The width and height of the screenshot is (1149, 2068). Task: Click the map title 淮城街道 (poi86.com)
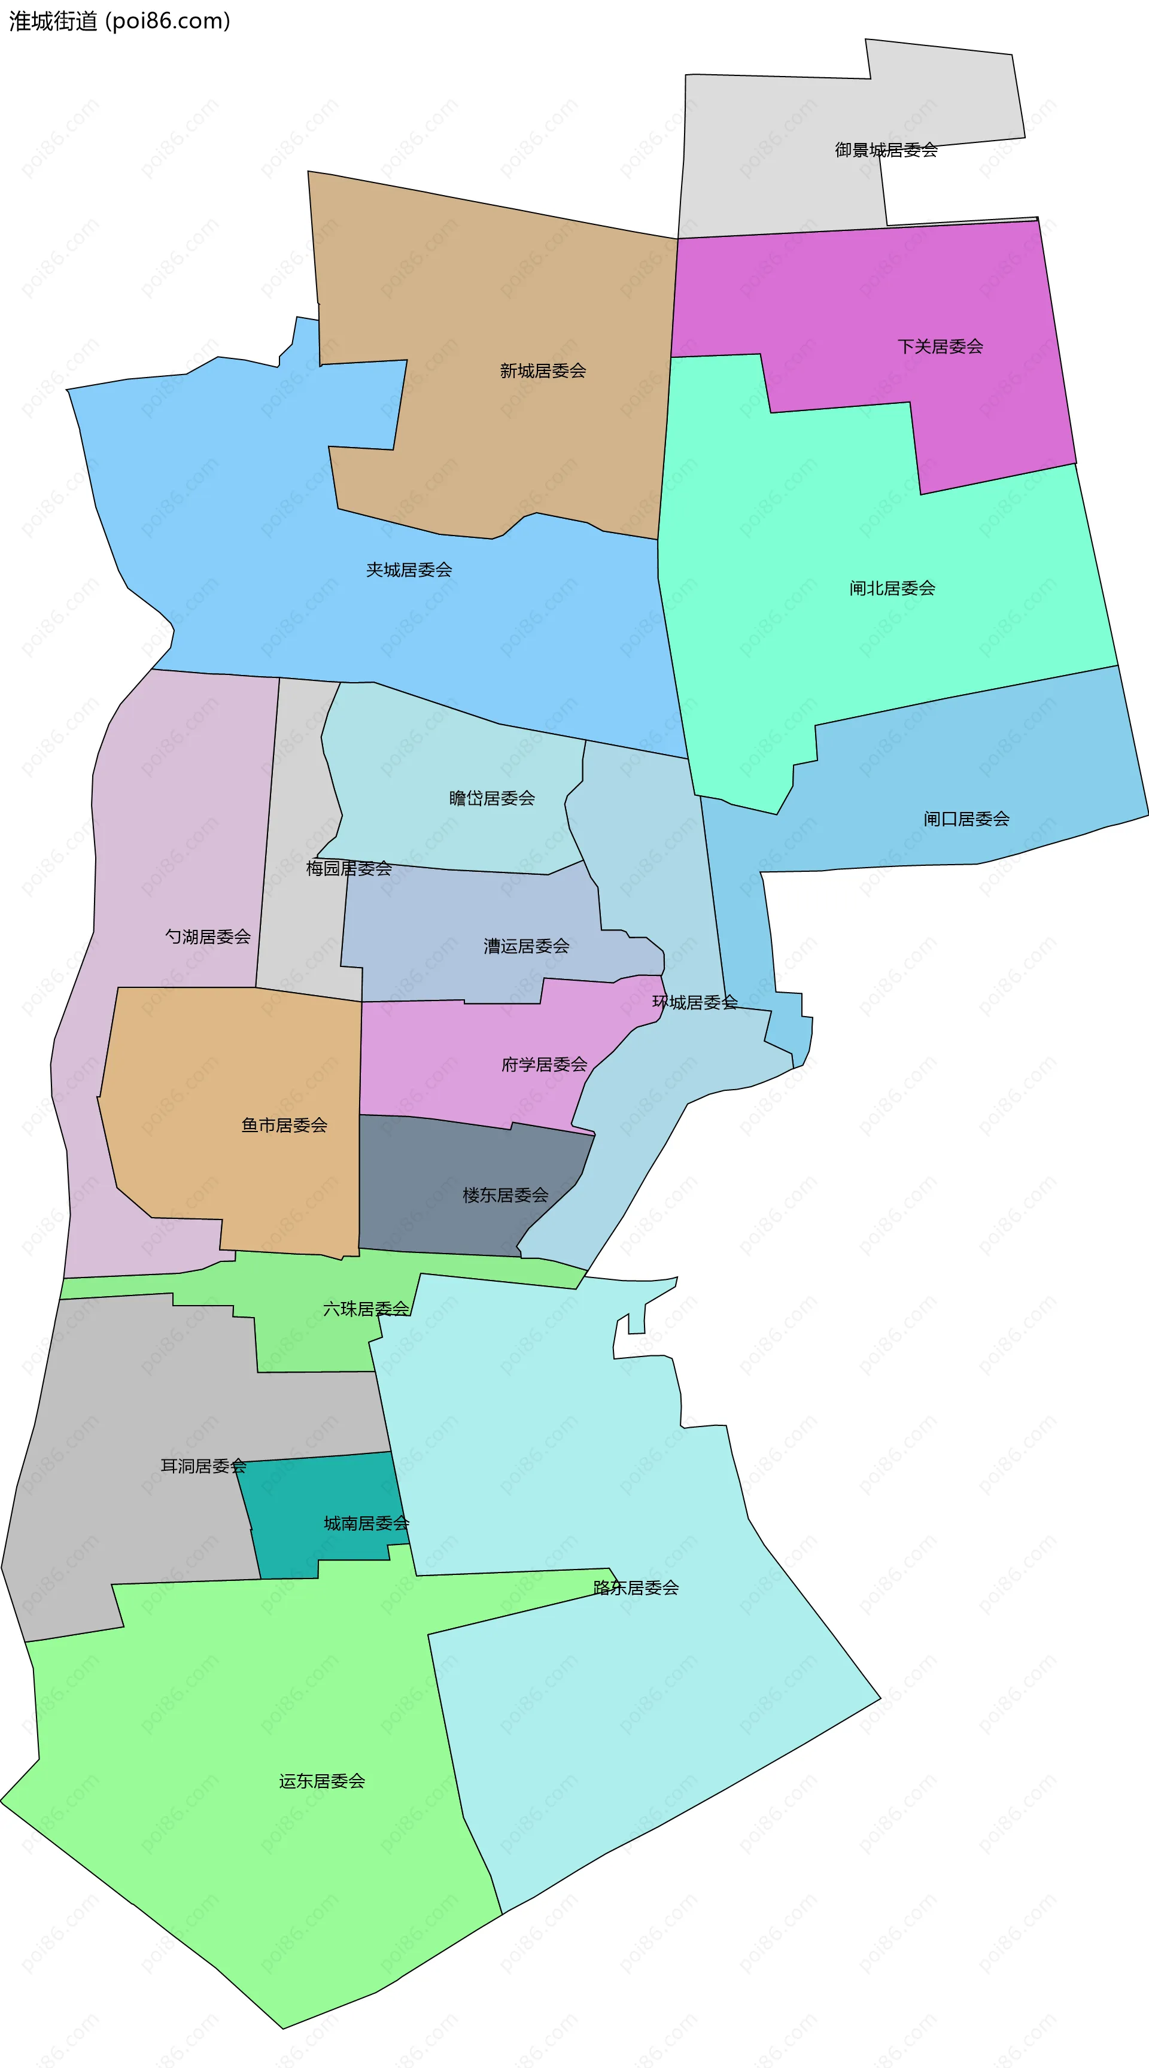coord(120,21)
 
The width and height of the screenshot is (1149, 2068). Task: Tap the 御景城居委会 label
coord(886,150)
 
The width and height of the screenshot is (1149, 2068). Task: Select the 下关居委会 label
coord(940,347)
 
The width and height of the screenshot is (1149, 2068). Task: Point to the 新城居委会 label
coord(543,371)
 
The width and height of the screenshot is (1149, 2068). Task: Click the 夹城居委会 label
coord(409,570)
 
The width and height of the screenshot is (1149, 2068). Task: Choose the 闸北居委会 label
coord(892,588)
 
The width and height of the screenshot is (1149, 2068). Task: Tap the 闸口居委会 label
coord(966,819)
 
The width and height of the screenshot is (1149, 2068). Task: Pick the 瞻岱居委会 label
coord(491,798)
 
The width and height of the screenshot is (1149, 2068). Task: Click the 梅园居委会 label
coord(348,869)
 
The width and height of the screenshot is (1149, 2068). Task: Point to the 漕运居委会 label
coord(526,947)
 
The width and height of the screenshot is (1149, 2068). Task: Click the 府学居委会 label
coord(545,1065)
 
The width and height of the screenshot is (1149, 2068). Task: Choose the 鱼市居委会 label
coord(284,1126)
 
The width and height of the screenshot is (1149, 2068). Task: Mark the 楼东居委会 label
coord(505,1196)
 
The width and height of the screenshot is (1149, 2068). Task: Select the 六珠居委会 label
coord(365,1309)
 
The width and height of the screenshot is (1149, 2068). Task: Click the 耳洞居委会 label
coord(203,1467)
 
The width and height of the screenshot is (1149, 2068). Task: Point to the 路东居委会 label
coord(636,1588)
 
